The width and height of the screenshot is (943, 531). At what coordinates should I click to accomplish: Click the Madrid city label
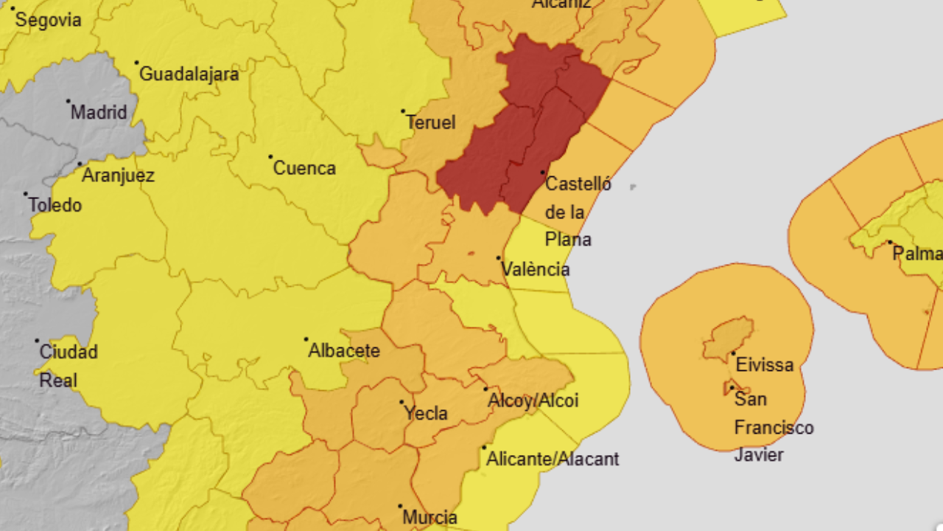point(99,113)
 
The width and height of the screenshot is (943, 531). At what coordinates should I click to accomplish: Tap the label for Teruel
point(431,122)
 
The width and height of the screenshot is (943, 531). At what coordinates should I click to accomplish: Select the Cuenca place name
point(304,168)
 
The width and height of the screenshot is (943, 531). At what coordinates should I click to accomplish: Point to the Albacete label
point(344,350)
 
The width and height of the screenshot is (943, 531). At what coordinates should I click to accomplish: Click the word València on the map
point(536,269)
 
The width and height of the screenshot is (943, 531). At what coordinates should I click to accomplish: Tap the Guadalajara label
point(189,74)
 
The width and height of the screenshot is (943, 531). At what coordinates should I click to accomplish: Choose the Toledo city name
point(55,205)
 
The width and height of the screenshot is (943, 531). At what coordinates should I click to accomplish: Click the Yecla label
point(426,414)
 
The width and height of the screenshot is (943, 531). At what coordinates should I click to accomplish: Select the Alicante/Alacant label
point(553,459)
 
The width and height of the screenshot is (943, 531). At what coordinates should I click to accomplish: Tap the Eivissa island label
point(765,364)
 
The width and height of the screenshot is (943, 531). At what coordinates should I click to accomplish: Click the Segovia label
point(48,20)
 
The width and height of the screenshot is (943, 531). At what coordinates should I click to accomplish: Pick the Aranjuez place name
point(118,176)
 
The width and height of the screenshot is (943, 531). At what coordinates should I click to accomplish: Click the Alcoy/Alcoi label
point(533,400)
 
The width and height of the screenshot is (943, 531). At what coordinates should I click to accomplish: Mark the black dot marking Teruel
point(403,111)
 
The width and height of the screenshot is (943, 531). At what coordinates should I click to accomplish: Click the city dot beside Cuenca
point(270,156)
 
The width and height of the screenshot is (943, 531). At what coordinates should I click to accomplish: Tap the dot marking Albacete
point(306,339)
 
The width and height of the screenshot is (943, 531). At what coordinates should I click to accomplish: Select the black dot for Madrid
point(68,101)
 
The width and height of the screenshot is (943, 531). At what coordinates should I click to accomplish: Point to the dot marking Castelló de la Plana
point(543,173)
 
